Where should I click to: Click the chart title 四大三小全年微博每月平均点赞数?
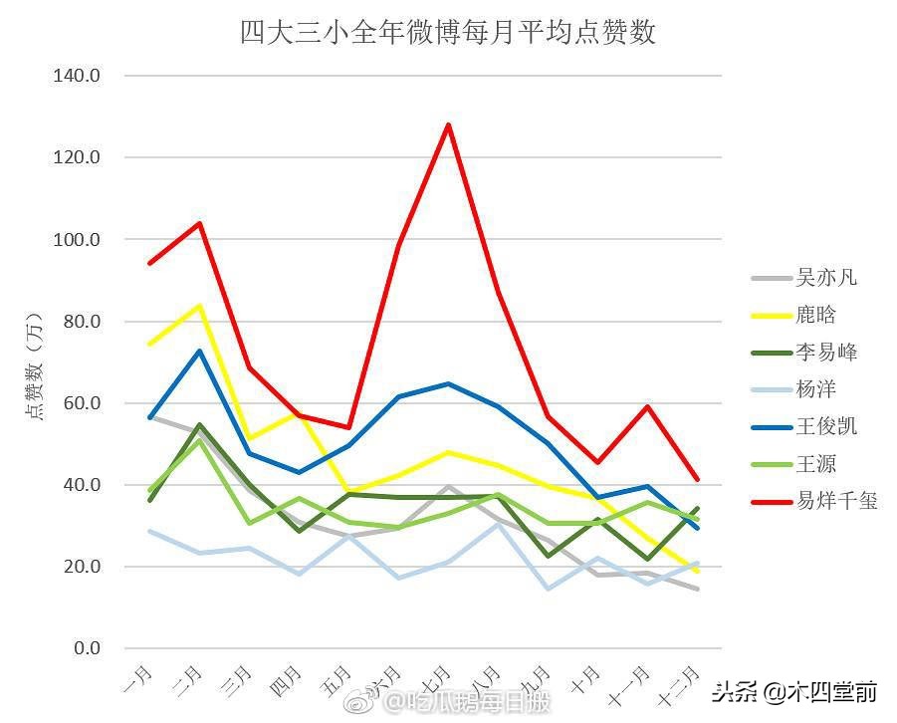coord(448,32)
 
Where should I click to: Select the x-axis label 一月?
coord(137,681)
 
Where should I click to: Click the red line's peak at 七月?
coord(449,124)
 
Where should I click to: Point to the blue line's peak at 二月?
coord(199,351)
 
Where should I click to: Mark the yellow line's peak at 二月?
coord(199,305)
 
